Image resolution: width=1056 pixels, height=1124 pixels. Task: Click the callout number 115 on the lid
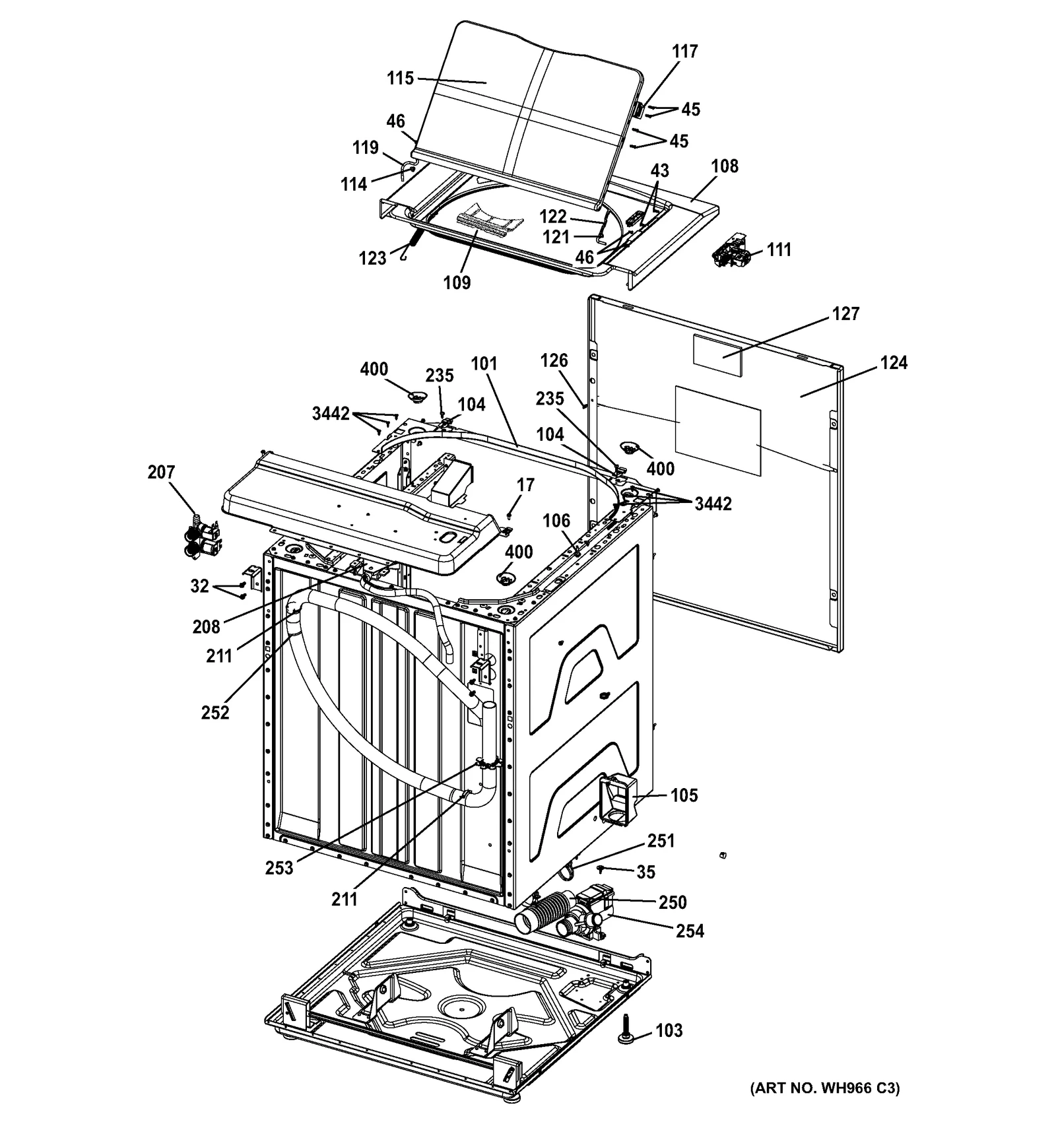click(400, 79)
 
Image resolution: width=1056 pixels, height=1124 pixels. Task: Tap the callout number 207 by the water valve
click(161, 472)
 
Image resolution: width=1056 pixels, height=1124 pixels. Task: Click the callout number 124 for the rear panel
click(894, 362)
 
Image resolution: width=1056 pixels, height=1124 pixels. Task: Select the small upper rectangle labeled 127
click(717, 356)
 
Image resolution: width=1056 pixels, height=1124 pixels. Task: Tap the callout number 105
click(684, 795)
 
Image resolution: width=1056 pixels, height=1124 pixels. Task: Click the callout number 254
click(690, 931)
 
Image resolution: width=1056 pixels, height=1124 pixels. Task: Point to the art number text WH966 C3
click(825, 1088)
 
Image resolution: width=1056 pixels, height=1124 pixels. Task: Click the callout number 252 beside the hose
click(215, 713)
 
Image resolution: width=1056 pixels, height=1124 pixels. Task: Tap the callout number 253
click(279, 868)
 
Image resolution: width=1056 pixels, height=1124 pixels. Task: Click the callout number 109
click(457, 282)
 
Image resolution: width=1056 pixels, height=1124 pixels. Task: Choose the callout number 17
click(525, 485)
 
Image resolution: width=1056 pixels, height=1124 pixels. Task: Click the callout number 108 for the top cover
click(725, 166)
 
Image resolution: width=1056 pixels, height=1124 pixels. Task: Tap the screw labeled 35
click(602, 869)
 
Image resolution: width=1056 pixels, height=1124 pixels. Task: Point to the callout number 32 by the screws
click(199, 586)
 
